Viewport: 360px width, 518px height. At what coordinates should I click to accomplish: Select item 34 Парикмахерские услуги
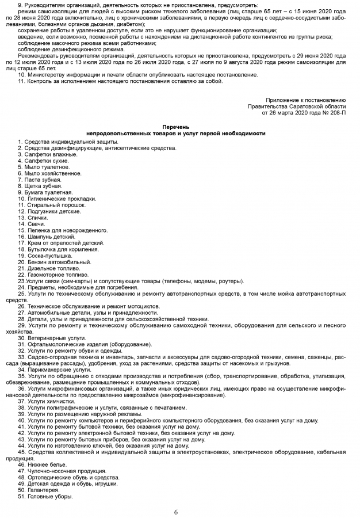(54, 369)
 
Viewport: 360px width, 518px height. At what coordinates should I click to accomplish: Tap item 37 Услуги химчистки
(48, 401)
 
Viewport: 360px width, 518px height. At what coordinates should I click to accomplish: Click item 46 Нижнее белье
(45, 464)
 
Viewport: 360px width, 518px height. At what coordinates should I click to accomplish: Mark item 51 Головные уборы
(45, 496)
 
